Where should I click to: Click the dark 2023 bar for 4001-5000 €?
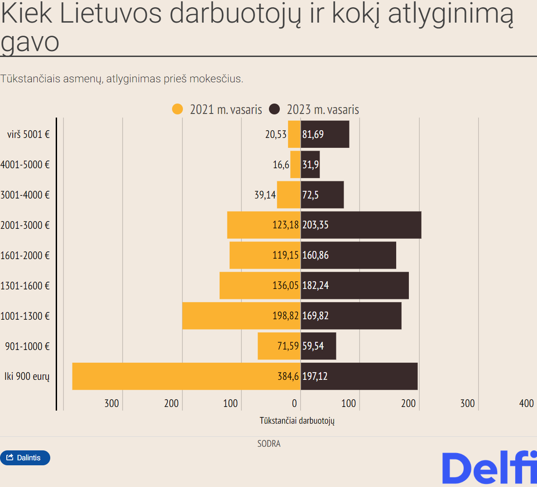pyautogui.click(x=311, y=165)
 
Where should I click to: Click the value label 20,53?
pyautogui.click(x=276, y=134)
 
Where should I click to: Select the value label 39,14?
pyautogui.click(x=265, y=195)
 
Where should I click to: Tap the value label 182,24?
pyautogui.click(x=316, y=285)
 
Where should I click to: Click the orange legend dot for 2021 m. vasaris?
pyautogui.click(x=177, y=109)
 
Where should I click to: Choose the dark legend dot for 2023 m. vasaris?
pyautogui.click(x=274, y=109)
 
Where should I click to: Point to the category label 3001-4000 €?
pyautogui.click(x=25, y=195)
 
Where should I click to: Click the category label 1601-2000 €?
pyautogui.click(x=25, y=255)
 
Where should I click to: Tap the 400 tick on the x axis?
pyautogui.click(x=526, y=403)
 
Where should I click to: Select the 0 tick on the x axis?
pyautogui.click(x=294, y=403)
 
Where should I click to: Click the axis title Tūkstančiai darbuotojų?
pyautogui.click(x=297, y=421)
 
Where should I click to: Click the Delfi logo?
pyautogui.click(x=489, y=468)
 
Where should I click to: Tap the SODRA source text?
pyautogui.click(x=269, y=444)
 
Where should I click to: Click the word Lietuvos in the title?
pyautogui.click(x=110, y=14)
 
